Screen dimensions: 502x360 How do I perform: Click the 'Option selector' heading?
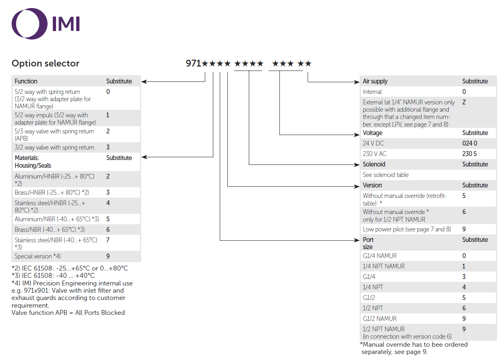click(x=46, y=63)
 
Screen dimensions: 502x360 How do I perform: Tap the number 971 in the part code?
click(x=194, y=63)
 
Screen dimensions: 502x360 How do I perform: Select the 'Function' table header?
click(x=26, y=81)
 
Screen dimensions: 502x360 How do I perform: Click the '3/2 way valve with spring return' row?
click(x=54, y=148)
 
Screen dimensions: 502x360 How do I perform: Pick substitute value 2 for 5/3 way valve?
click(x=108, y=131)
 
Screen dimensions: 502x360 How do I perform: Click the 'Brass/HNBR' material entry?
click(x=52, y=192)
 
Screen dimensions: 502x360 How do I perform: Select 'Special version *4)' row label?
click(x=37, y=256)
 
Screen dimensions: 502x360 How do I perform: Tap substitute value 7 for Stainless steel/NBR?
click(x=108, y=240)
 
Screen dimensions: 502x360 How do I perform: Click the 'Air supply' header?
click(x=375, y=81)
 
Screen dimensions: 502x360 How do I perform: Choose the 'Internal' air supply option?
click(x=372, y=92)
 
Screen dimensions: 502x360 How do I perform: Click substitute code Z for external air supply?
click(x=464, y=102)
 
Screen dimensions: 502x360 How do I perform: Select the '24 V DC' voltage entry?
click(x=373, y=143)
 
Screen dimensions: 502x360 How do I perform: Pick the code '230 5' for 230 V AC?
click(x=469, y=154)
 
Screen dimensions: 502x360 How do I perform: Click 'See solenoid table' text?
click(x=386, y=175)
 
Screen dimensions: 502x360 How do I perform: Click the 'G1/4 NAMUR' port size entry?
click(x=380, y=256)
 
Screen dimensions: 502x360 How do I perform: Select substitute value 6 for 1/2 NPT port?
click(x=464, y=308)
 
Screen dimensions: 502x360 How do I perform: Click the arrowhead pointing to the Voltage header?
click(x=357, y=135)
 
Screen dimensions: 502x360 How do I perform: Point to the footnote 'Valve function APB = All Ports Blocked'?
click(x=68, y=312)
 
